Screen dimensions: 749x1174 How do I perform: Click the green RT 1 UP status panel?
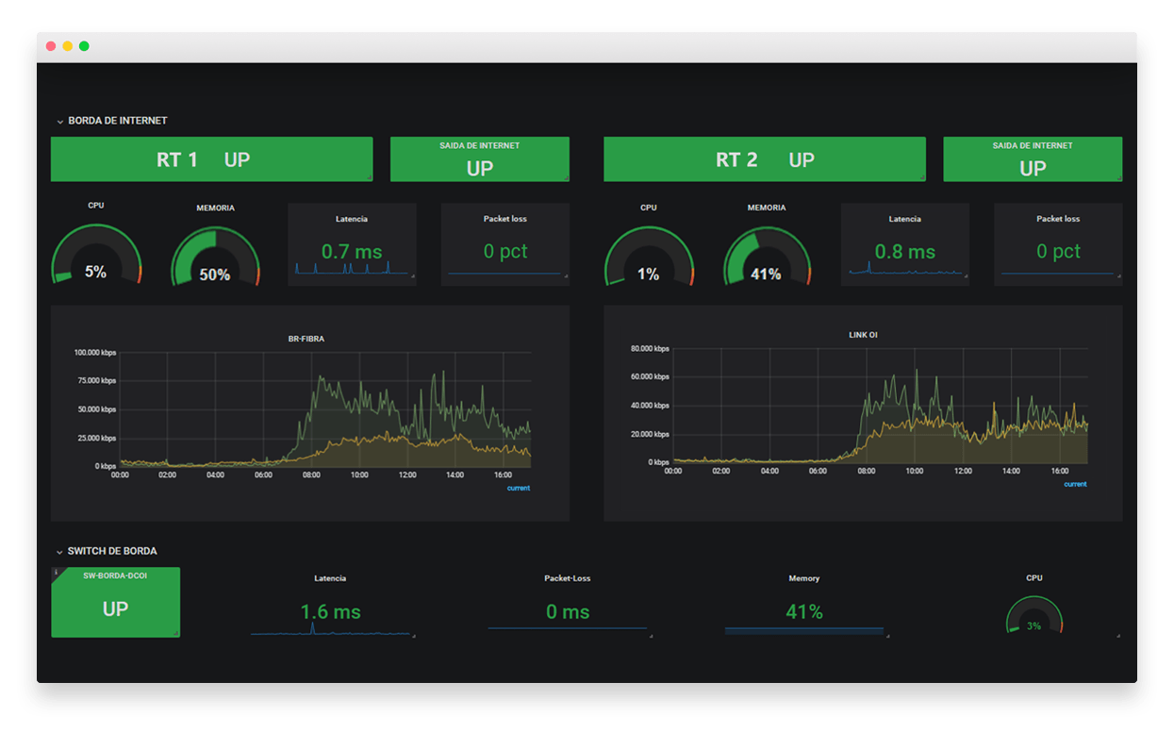(x=211, y=159)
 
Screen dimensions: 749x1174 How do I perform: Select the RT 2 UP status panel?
(x=764, y=159)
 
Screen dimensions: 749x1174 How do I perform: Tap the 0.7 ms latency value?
(x=352, y=252)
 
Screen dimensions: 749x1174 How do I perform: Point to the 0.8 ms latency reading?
(x=904, y=252)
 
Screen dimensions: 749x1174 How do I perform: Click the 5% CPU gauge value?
(x=95, y=272)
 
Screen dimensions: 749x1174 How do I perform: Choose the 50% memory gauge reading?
(x=215, y=275)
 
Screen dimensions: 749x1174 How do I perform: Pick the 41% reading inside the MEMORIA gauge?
(x=766, y=275)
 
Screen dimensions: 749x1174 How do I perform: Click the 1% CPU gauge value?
(x=648, y=275)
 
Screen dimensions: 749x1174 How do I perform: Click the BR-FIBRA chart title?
(x=306, y=339)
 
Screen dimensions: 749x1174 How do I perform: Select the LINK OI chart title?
(x=863, y=335)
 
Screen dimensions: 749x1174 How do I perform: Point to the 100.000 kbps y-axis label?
(x=95, y=353)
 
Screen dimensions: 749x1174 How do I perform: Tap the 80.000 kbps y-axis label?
(x=649, y=349)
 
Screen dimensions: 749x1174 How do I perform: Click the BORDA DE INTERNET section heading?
(x=118, y=121)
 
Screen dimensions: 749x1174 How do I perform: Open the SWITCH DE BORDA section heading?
(x=112, y=551)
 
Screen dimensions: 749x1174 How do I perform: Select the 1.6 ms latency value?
(x=330, y=612)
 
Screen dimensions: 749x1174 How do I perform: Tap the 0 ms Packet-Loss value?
(x=567, y=612)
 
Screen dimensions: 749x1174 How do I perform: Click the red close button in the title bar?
(x=51, y=46)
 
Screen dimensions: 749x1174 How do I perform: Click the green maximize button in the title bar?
(x=84, y=46)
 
